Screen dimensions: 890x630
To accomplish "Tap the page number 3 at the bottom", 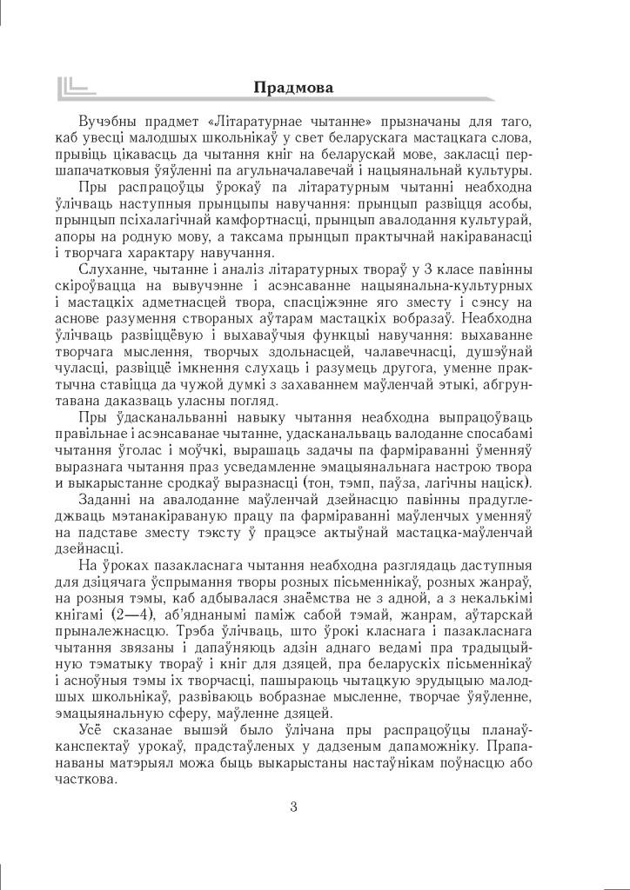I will click(x=293, y=806).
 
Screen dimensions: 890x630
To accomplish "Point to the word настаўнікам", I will click(x=399, y=761).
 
